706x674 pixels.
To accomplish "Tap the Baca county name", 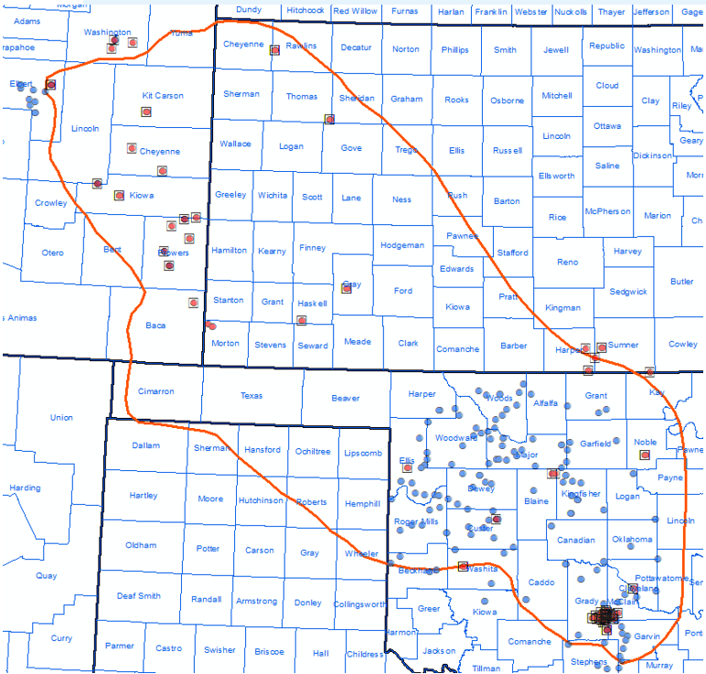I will [155, 325].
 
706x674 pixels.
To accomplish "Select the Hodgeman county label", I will [402, 245].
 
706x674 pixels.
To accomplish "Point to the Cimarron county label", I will [155, 391].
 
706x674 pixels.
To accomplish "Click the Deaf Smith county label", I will [138, 596].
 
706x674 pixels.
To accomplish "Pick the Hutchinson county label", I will [261, 500].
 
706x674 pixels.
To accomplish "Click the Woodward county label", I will [456, 438].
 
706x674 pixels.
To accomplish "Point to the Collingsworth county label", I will [359, 604].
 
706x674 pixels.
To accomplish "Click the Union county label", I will [61, 418].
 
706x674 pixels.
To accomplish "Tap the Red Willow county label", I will [355, 11].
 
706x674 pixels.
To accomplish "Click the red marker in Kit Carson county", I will [145, 112].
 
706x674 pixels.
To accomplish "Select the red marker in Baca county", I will [194, 303].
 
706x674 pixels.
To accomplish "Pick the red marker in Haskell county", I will [301, 320].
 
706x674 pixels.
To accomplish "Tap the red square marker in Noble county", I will [645, 455].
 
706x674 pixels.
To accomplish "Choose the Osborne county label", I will [507, 101].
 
